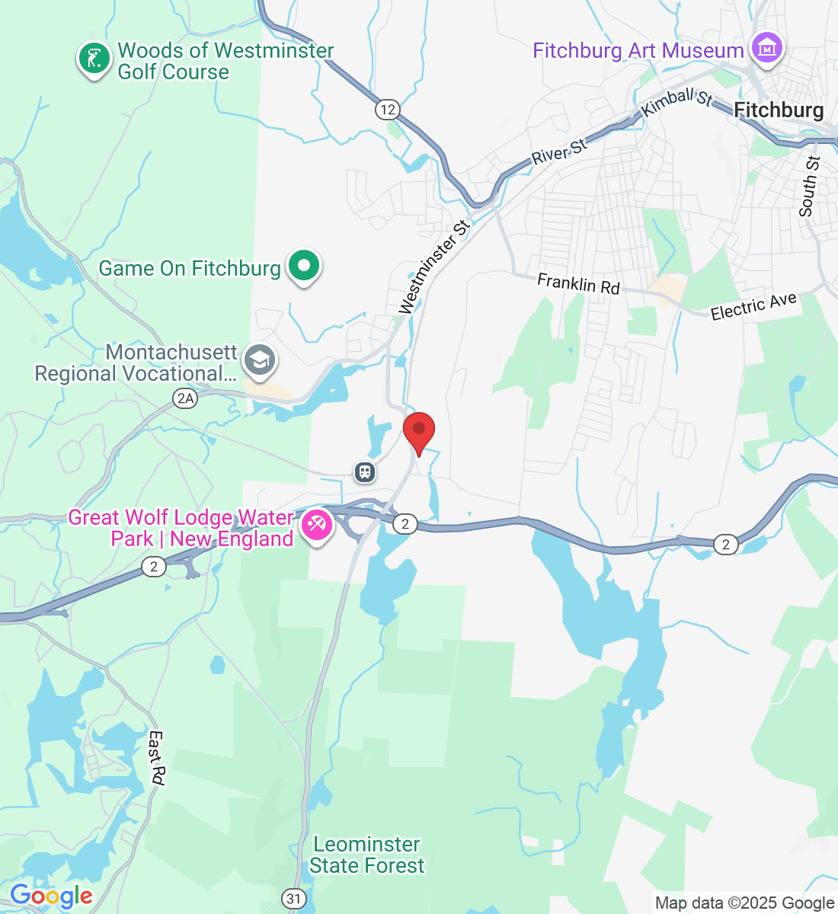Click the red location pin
pyautogui.click(x=418, y=430)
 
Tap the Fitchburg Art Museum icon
pyautogui.click(x=766, y=49)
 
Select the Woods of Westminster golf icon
pyautogui.click(x=94, y=59)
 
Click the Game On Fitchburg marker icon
pyautogui.click(x=305, y=267)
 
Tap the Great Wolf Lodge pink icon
pyautogui.click(x=316, y=525)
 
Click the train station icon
pyautogui.click(x=366, y=472)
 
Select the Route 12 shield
pyautogui.click(x=388, y=110)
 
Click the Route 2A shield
pyautogui.click(x=185, y=398)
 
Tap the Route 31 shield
pyautogui.click(x=294, y=899)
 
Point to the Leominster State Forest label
pyautogui.click(x=367, y=855)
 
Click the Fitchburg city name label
pyautogui.click(x=779, y=110)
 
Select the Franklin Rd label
pyautogui.click(x=578, y=283)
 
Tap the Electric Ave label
pyautogui.click(x=753, y=306)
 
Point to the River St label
pyautogui.click(x=559, y=151)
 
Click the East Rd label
pyautogui.click(x=156, y=758)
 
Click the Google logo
pyautogui.click(x=50, y=896)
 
